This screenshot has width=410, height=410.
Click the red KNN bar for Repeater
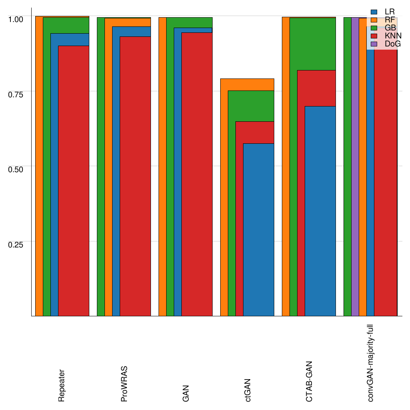click(x=74, y=180)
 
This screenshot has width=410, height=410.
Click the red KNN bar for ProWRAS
click(x=135, y=176)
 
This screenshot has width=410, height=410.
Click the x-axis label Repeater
click(x=61, y=385)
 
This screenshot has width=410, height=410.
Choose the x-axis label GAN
click(x=186, y=393)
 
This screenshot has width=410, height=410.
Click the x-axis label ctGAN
click(x=248, y=390)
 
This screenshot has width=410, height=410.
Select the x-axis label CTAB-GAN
click(x=309, y=382)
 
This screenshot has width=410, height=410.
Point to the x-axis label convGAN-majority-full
click(x=371, y=363)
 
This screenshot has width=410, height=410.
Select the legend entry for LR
click(x=384, y=12)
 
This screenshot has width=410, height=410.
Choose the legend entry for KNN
click(x=384, y=36)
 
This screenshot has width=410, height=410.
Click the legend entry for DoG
click(x=384, y=44)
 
